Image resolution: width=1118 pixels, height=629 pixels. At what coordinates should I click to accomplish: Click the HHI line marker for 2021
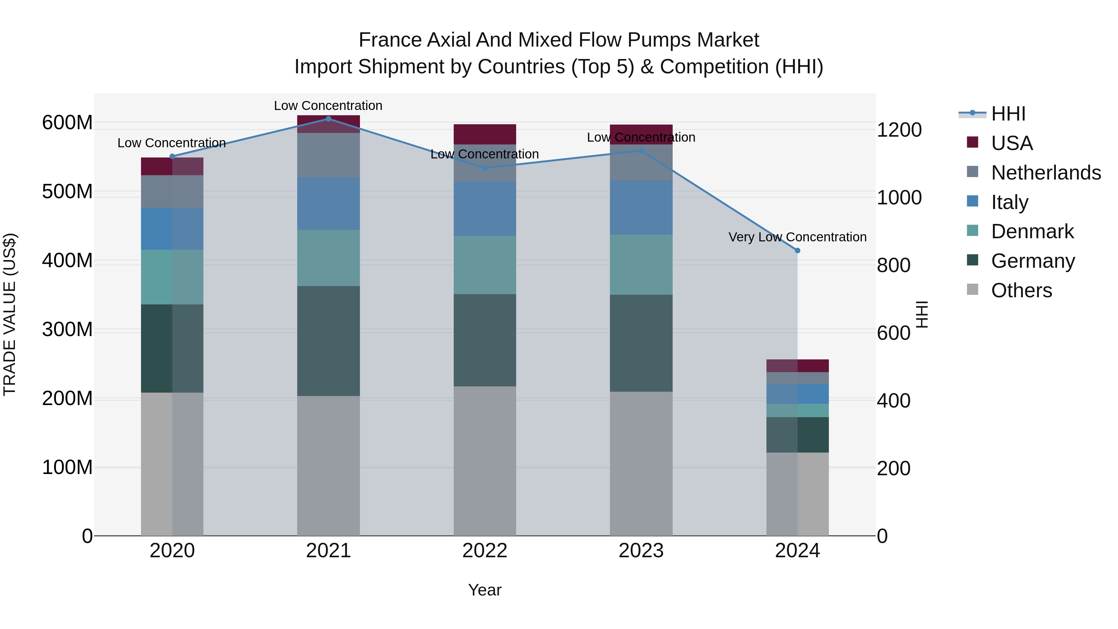coord(328,119)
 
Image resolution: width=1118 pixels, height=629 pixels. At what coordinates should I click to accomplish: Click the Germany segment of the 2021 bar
coord(328,341)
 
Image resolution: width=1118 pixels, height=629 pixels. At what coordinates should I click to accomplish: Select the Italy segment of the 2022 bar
coord(485,208)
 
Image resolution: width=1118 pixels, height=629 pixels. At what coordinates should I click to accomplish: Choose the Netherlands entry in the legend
coord(1046,172)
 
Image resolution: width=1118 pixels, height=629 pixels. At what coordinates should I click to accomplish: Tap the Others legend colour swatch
coord(973,289)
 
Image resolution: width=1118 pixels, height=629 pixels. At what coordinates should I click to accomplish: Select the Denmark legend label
coord(1033,231)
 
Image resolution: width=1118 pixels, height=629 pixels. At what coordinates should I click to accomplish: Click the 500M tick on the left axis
coord(67,191)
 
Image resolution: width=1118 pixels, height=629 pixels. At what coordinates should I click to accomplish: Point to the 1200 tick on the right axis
coord(899,130)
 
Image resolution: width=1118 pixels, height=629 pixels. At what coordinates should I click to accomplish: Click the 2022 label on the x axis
coord(485,551)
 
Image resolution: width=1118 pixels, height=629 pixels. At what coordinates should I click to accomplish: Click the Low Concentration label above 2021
coord(328,106)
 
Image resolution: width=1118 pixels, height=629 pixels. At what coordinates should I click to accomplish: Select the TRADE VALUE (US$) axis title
coord(10,314)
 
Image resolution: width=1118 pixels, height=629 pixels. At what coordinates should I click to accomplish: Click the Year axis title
coord(485,590)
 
